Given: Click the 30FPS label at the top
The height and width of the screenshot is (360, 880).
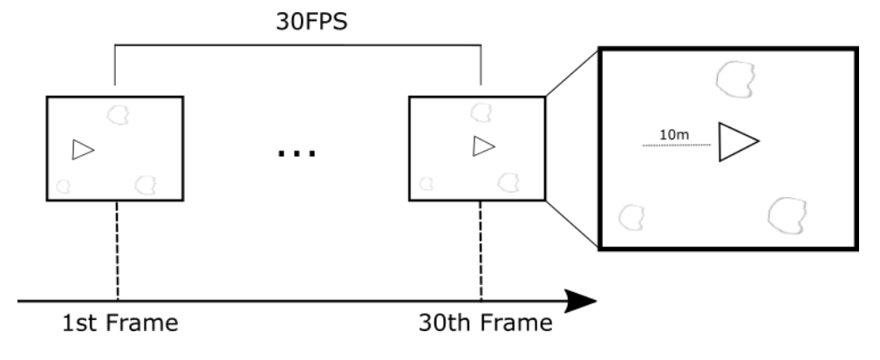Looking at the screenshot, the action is (x=312, y=21).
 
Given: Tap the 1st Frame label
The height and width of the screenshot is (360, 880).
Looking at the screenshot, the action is (x=120, y=323).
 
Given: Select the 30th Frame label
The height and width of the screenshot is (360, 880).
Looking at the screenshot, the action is (x=486, y=323).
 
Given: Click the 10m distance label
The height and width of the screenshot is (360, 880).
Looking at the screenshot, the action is (x=674, y=134).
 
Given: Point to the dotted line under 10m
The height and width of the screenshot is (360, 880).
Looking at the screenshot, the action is (x=676, y=146).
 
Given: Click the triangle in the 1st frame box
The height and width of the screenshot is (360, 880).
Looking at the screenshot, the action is (x=83, y=150).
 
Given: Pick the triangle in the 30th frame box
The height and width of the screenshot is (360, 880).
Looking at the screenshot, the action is (x=484, y=146).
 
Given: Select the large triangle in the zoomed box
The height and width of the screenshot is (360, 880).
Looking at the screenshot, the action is (x=739, y=142).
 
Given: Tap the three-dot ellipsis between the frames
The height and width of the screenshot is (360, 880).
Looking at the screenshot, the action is (x=297, y=153).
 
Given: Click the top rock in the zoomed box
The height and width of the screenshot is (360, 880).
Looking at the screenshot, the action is (x=735, y=79).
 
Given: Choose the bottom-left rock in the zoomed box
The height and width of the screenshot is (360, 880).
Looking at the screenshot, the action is (x=631, y=218).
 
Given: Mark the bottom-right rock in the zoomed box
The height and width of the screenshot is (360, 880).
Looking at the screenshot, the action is (x=787, y=215).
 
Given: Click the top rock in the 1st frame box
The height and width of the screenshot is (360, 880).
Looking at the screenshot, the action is (x=118, y=115).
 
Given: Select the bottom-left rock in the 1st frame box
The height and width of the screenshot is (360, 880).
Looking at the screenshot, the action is (x=64, y=187).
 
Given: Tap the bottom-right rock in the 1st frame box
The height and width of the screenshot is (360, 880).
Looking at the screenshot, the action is (x=146, y=185).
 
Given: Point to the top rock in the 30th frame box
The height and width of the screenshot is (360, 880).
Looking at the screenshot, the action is (x=481, y=112).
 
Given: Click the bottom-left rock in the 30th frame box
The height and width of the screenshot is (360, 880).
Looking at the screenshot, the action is (x=426, y=183).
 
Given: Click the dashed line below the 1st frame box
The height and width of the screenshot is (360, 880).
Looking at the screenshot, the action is (x=117, y=251).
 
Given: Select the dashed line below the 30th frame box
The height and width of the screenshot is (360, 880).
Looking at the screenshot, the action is (x=481, y=251).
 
